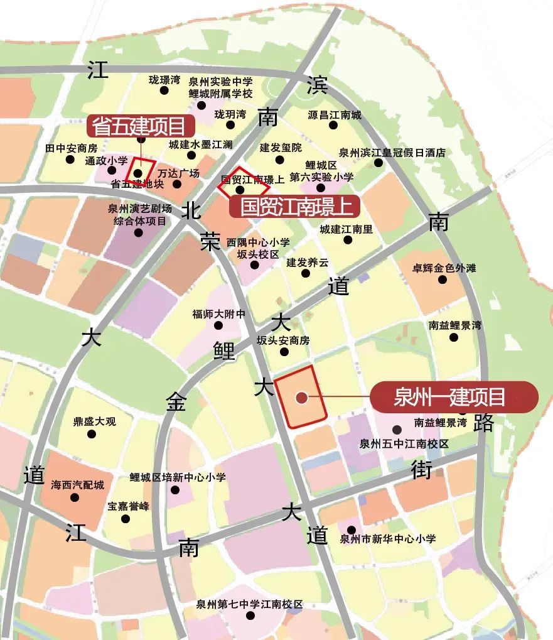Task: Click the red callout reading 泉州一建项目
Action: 454,397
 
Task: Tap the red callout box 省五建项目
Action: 139,126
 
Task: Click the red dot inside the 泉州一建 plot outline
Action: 301,397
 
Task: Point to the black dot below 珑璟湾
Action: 164,90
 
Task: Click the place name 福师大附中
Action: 218,314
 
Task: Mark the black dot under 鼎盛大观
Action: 95,434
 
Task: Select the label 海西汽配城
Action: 77,485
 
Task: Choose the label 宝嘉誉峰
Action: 128,506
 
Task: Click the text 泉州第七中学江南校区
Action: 249,604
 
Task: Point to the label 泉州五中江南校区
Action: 404,443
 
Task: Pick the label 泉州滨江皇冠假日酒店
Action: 392,152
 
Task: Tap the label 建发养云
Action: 307,262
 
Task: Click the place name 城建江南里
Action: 346,229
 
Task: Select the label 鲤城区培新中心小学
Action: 178,477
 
